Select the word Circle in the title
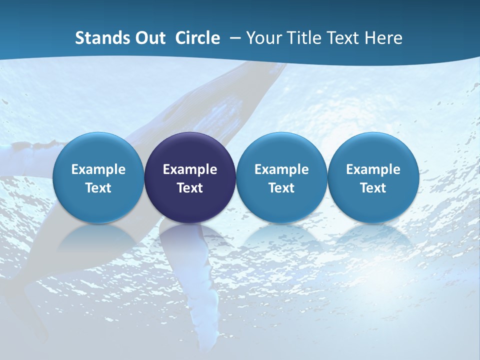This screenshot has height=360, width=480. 197,38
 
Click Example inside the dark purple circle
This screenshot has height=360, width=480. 190,169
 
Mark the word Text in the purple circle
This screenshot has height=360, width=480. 190,188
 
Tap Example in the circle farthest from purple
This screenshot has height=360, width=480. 373,169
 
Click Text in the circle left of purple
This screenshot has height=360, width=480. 98,188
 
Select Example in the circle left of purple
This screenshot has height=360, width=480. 98,169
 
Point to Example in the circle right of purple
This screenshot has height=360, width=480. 281,169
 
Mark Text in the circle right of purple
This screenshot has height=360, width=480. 281,188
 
